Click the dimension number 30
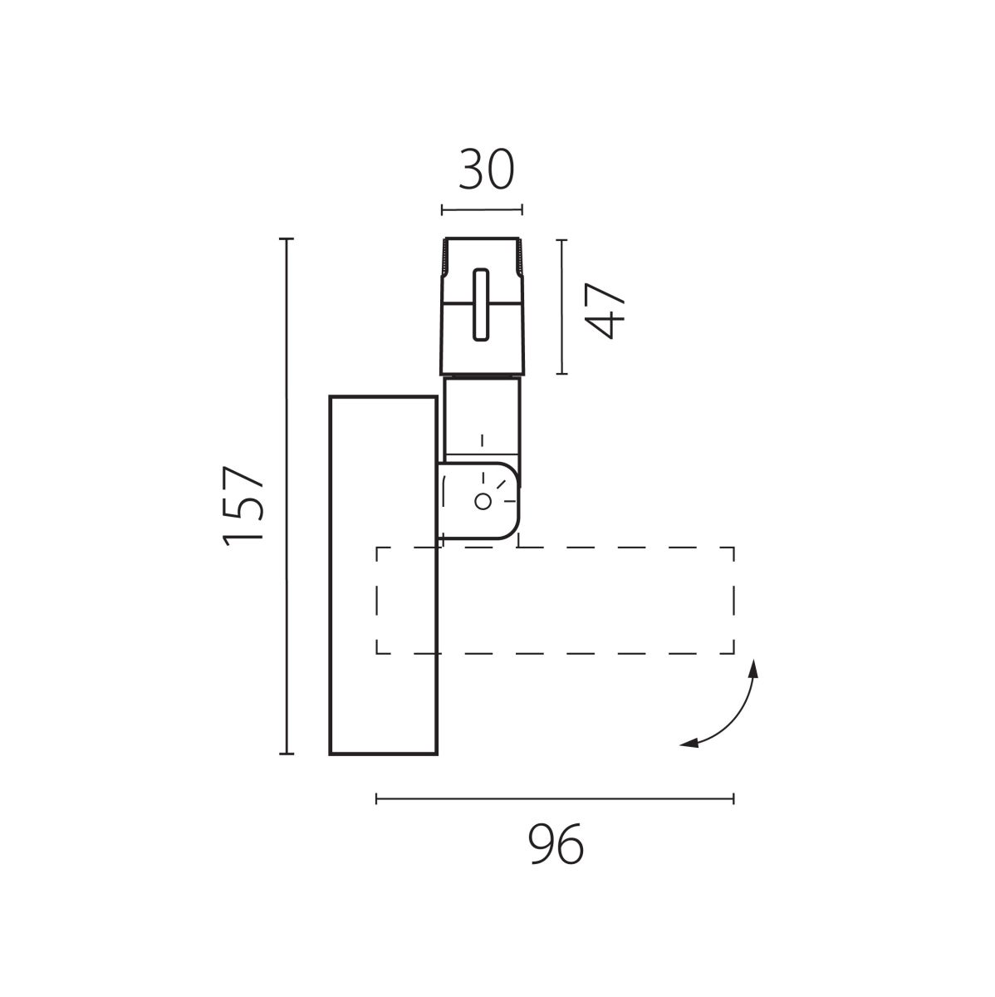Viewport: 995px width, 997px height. click(x=486, y=169)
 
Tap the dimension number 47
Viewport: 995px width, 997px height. click(x=604, y=310)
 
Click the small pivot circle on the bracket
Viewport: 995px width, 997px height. click(x=483, y=501)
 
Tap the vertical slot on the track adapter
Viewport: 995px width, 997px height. click(x=481, y=305)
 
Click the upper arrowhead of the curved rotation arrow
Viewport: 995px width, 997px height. click(x=754, y=668)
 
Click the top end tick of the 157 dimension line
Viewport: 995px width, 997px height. click(x=287, y=239)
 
